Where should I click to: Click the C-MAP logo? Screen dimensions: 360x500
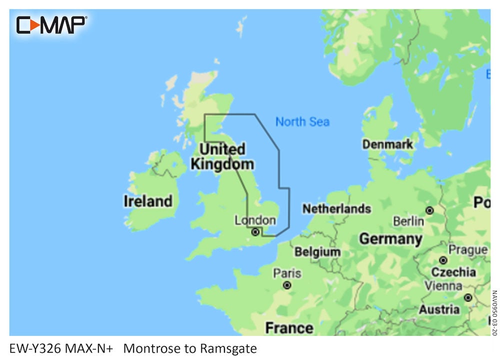pos(51,24)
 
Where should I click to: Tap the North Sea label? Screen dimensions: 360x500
pos(302,121)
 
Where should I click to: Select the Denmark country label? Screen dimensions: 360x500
pos(388,144)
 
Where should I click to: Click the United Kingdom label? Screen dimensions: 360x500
pos(222,156)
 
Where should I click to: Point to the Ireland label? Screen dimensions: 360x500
pos(148,201)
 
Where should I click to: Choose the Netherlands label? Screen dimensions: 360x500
pos(336,208)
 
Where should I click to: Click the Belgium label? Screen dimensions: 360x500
pos(317,252)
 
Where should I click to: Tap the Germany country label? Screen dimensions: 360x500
pos(390,239)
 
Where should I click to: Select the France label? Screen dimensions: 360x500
pos(289,328)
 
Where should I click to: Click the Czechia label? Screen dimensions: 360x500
pos(453,272)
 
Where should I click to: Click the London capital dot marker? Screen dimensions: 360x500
pos(255,232)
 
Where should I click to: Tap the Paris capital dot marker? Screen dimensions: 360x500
pos(287,285)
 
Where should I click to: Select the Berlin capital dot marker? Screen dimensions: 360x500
pos(429,210)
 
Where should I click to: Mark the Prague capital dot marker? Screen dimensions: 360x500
pos(443,260)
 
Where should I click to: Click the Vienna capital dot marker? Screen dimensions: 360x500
pos(467,298)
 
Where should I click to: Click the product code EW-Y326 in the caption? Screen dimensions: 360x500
pos(35,348)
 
